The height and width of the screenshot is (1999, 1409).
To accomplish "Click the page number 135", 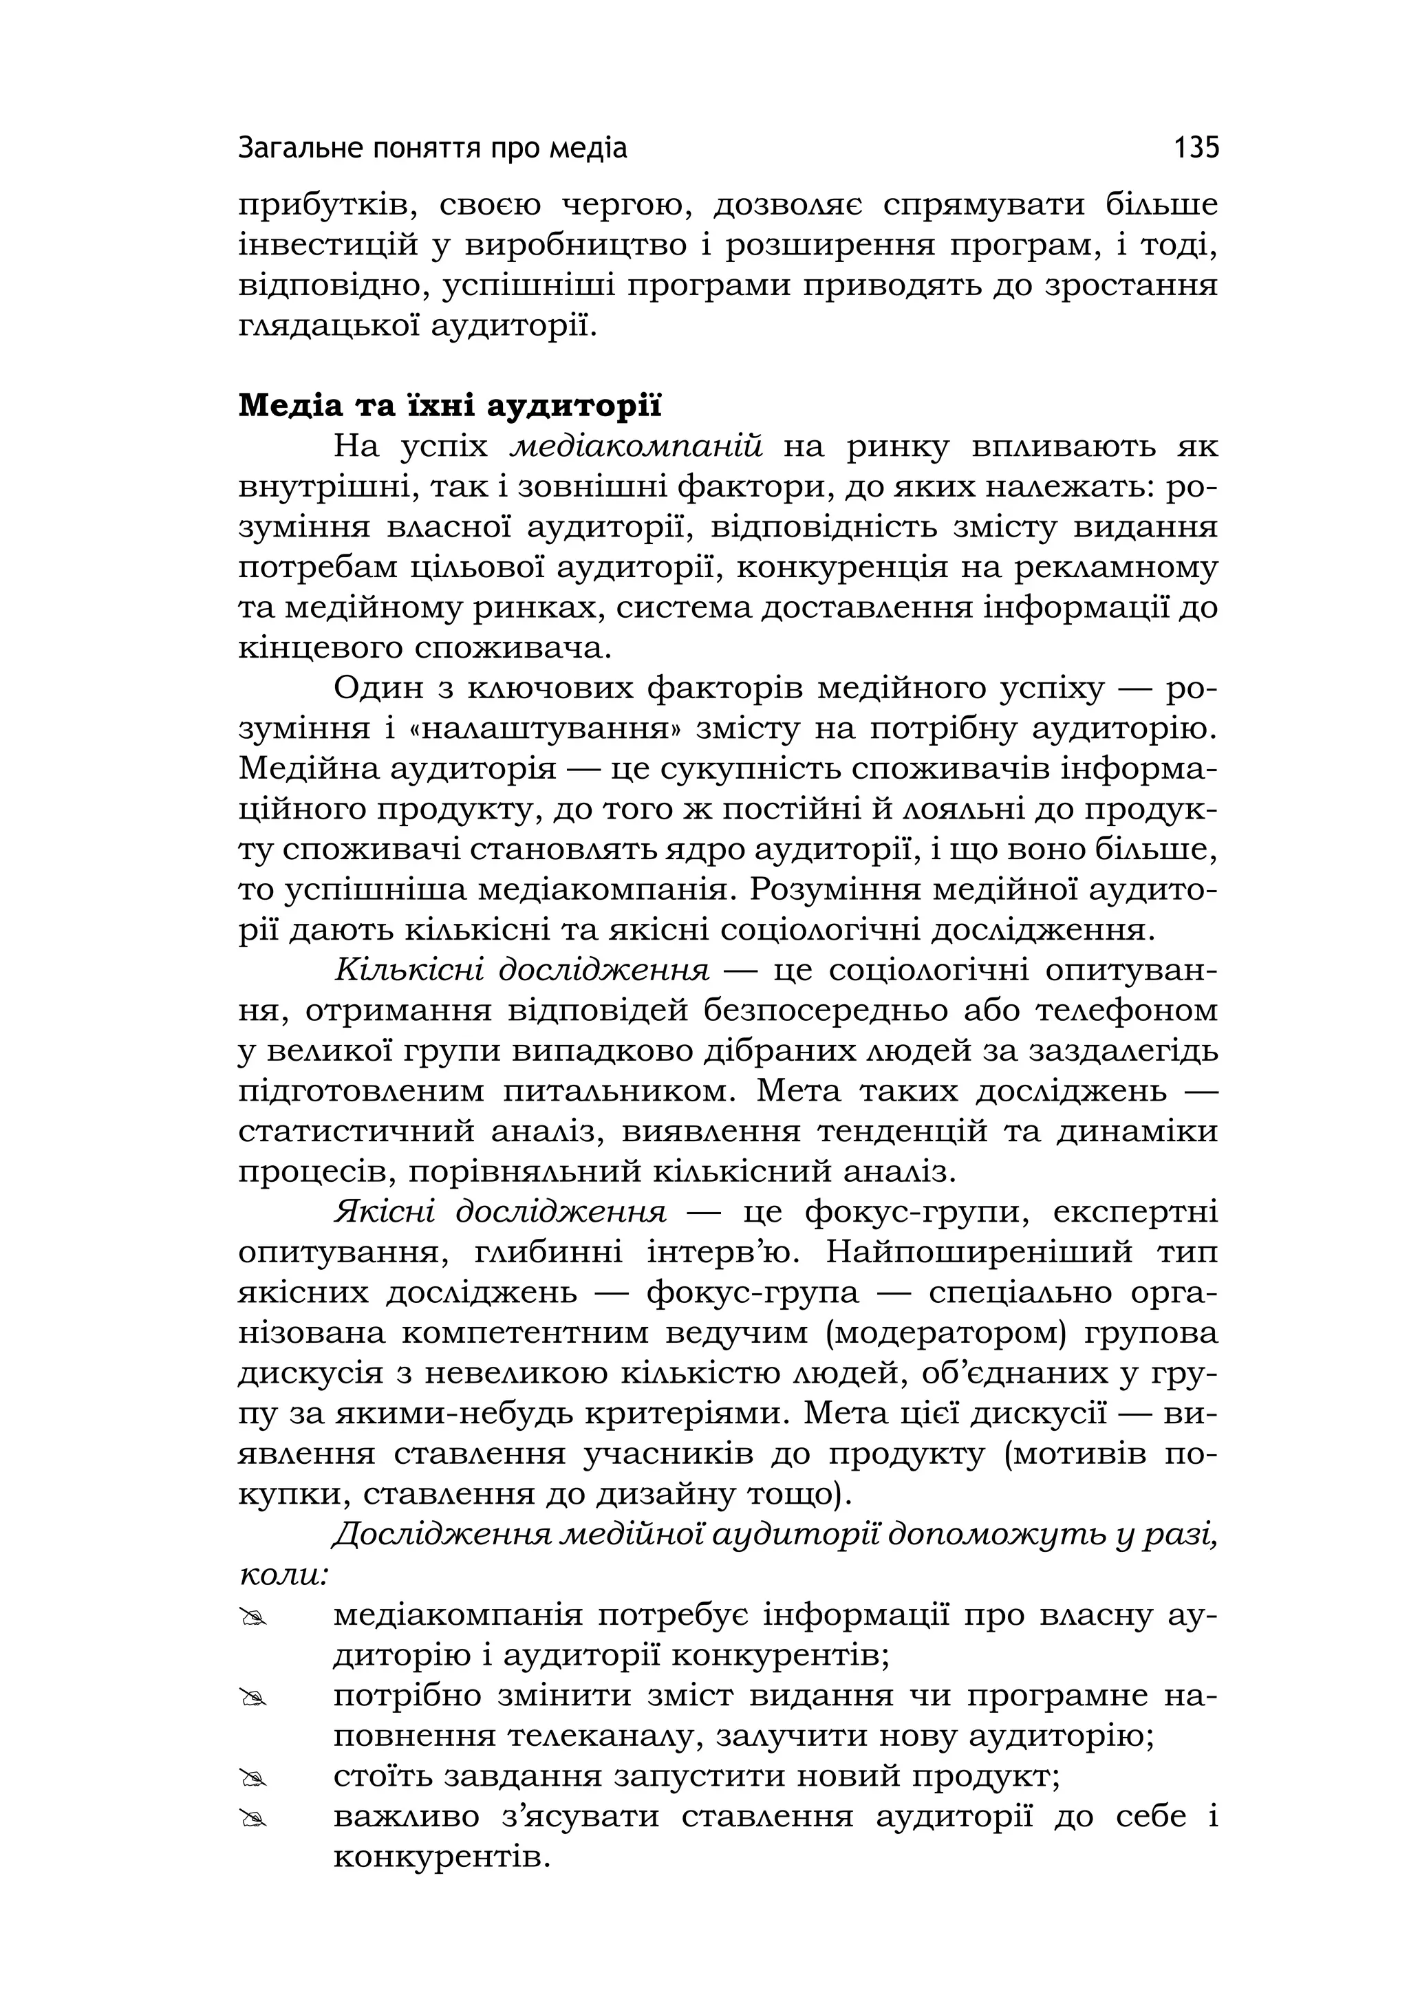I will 1196,148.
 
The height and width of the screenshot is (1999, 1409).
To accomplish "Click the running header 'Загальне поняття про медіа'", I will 433,149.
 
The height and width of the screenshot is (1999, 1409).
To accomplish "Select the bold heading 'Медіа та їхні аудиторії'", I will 450,406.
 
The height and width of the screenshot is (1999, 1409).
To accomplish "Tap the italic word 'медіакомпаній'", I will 636,446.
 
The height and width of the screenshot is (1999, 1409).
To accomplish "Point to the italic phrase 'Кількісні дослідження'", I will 521,970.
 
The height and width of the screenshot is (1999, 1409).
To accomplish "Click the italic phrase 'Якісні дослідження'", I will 500,1212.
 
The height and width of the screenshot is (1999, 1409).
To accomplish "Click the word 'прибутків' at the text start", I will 320,206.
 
